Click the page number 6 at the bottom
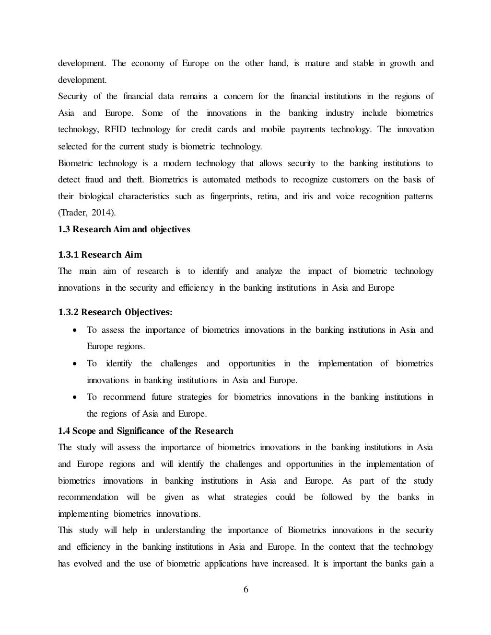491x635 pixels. point(246,590)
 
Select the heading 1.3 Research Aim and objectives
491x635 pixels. point(124,229)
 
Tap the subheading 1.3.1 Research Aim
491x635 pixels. point(100,254)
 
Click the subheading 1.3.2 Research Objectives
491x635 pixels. point(115,312)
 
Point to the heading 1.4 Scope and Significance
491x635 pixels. point(145,431)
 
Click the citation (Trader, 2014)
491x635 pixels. point(87,213)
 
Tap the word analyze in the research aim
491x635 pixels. point(269,272)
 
